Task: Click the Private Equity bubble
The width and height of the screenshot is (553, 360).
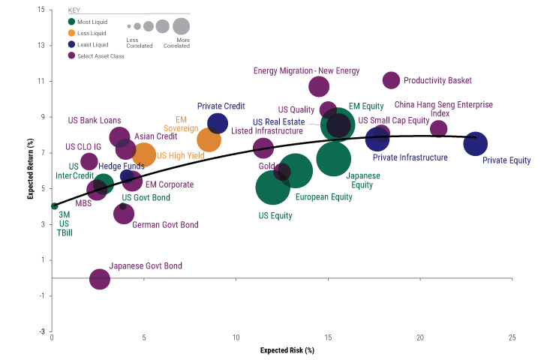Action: [475, 143]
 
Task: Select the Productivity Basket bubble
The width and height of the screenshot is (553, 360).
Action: [391, 80]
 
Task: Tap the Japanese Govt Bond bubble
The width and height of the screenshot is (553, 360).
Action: [100, 279]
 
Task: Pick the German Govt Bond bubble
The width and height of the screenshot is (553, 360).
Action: [124, 214]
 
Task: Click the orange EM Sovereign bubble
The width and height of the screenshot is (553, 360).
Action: [209, 139]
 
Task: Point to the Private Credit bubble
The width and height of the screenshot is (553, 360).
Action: [218, 123]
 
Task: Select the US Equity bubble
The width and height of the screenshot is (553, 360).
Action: [272, 187]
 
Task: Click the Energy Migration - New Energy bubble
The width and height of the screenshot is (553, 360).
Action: [319, 86]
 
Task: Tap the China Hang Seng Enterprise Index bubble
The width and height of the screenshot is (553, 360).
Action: [438, 129]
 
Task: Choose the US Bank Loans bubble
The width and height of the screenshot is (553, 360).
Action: [119, 136]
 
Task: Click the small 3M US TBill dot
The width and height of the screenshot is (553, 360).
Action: [54, 206]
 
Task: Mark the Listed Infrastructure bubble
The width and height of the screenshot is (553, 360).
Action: [263, 148]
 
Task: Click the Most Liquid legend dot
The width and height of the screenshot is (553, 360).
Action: [71, 22]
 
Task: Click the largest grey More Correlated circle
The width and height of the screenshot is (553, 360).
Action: [181, 26]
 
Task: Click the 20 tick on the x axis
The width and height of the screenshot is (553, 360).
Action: [420, 337]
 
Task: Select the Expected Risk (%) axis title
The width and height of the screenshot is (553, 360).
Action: [287, 350]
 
